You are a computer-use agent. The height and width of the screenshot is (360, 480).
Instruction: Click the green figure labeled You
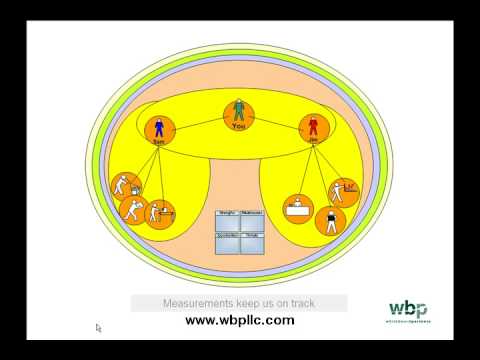tap(238, 109)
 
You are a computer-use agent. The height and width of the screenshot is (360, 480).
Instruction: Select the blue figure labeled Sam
tap(158, 129)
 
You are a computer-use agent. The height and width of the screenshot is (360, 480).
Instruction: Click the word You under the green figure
tap(238, 127)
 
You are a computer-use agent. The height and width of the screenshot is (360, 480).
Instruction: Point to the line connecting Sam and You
tap(197, 122)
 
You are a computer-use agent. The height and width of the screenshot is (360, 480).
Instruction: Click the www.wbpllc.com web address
tap(239, 320)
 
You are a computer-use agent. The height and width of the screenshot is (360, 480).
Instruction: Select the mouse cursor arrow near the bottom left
tap(98, 327)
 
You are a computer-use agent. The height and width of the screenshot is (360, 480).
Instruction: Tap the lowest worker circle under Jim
tap(329, 221)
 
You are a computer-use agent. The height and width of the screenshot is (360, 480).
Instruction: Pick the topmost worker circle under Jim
tap(344, 191)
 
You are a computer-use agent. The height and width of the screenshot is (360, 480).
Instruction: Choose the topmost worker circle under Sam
tap(124, 185)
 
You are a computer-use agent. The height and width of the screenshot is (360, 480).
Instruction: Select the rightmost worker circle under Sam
tap(160, 213)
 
